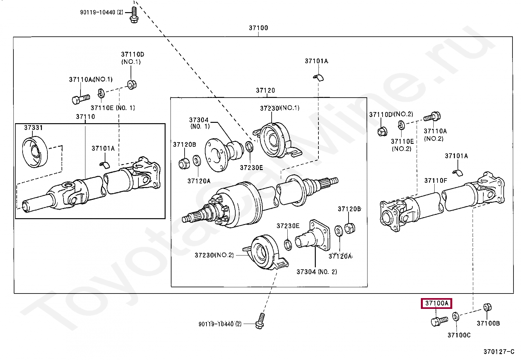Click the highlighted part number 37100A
pyautogui.click(x=437, y=303)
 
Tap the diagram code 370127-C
pyautogui.click(x=499, y=351)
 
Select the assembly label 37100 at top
pyautogui.click(x=259, y=28)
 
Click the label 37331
pyautogui.click(x=33, y=128)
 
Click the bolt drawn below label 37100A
pyautogui.click(x=440, y=321)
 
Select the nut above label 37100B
pyautogui.click(x=487, y=308)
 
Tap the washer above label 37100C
pyautogui.click(x=456, y=317)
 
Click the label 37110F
pyautogui.click(x=436, y=181)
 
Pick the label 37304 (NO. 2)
pyautogui.click(x=317, y=272)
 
